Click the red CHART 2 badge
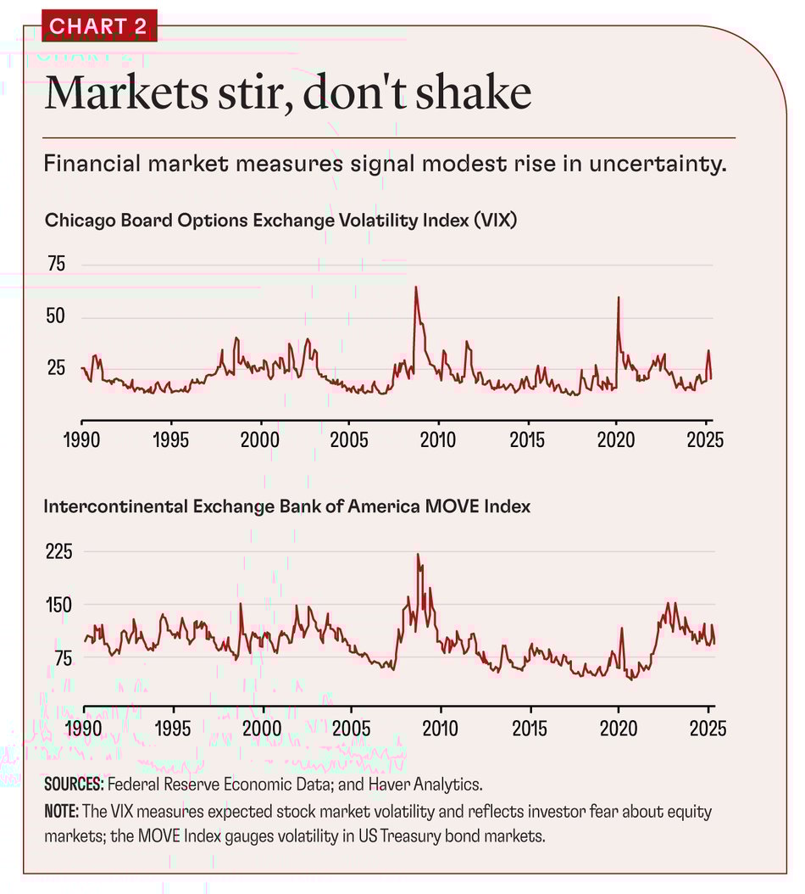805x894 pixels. coord(98,25)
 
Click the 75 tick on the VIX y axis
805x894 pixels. coord(56,264)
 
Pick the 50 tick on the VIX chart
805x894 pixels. coord(56,317)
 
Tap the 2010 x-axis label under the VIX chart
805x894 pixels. coord(438,441)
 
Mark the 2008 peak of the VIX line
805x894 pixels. coord(416,288)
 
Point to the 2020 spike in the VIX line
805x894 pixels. coord(619,298)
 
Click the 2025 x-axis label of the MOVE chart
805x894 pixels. coord(707,728)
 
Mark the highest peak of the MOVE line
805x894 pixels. coord(418,555)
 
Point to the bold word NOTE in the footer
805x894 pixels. coord(62,813)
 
